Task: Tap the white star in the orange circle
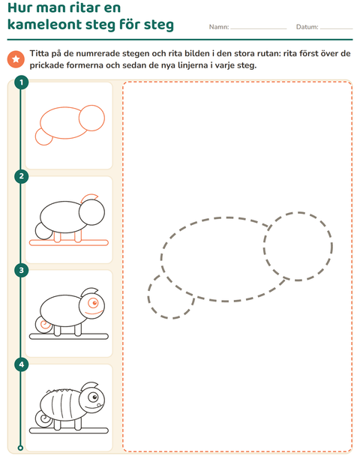pyautogui.click(x=16, y=59)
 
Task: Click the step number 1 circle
pyautogui.click(x=21, y=82)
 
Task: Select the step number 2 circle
pyautogui.click(x=21, y=176)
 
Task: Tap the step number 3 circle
pyautogui.click(x=21, y=270)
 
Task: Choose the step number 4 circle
pyautogui.click(x=21, y=364)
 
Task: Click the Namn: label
pyautogui.click(x=219, y=27)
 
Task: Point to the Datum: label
pyautogui.click(x=307, y=27)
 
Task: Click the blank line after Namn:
pyautogui.click(x=259, y=28)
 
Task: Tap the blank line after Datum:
pyautogui.click(x=337, y=28)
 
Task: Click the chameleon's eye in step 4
pyautogui.click(x=94, y=397)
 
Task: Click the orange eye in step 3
pyautogui.click(x=94, y=303)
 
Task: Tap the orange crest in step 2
pyautogui.click(x=90, y=197)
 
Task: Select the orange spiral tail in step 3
pyautogui.click(x=45, y=325)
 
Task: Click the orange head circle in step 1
pyautogui.click(x=92, y=118)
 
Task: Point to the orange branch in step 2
pyautogui.click(x=69, y=243)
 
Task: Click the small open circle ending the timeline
pyautogui.click(x=20, y=448)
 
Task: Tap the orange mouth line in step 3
pyautogui.click(x=94, y=312)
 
